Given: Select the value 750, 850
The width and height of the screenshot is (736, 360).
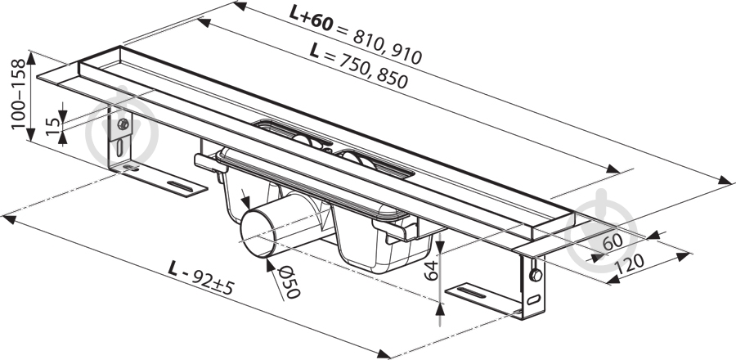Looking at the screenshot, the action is tap(374, 70).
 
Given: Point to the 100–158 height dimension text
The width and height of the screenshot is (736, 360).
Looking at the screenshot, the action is tap(18, 94).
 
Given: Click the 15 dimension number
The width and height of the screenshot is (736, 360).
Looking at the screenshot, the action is tap(53, 126).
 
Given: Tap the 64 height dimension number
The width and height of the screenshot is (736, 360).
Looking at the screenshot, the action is tap(431, 270).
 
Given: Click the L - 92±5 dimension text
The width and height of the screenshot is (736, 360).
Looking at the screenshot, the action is tap(201, 279).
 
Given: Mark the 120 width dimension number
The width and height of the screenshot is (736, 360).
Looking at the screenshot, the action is tap(630, 265).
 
